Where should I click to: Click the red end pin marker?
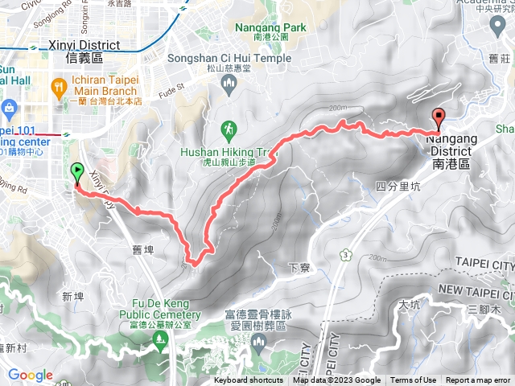coord(439,117)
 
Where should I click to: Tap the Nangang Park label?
coord(272,27)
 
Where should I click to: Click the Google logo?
coord(31,375)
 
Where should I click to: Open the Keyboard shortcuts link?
coord(249,380)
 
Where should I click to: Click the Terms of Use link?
coord(414,380)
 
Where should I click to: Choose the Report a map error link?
coord(478,380)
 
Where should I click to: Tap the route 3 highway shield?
coord(346,254)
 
